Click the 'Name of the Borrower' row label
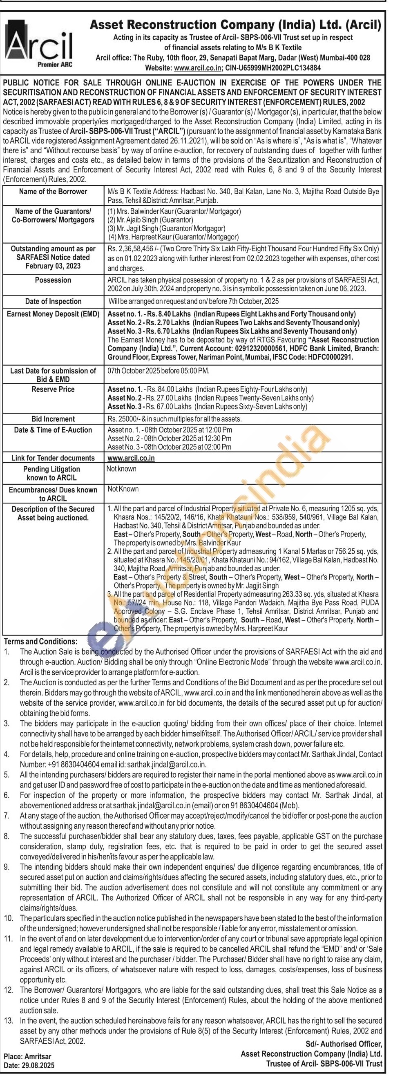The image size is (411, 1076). click(x=53, y=192)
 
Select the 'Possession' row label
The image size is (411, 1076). click(x=53, y=280)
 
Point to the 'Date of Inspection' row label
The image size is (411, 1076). click(x=53, y=302)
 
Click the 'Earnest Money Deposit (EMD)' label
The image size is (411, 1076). click(x=53, y=314)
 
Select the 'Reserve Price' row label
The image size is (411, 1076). click(x=53, y=389)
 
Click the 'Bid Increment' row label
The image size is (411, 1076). click(x=53, y=419)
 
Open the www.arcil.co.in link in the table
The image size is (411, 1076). click(x=131, y=458)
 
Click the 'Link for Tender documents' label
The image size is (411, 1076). click(x=53, y=458)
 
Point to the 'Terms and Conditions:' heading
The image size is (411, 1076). click(x=40, y=642)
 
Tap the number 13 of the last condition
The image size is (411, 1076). click(x=8, y=1020)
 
